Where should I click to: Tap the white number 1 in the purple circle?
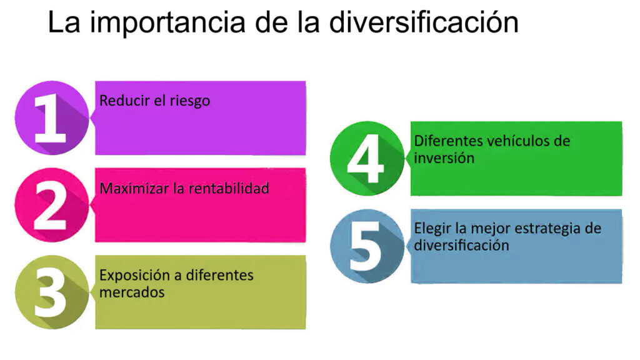click(50, 118)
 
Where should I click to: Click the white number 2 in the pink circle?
click(50, 206)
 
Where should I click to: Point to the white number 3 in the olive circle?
click(50, 293)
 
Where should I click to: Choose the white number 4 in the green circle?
click(366, 159)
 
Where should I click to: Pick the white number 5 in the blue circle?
click(366, 247)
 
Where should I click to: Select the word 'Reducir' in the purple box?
click(124, 100)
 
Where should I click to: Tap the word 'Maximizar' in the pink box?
click(130, 187)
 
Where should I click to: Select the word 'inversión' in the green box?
click(444, 157)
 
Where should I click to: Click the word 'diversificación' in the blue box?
click(461, 245)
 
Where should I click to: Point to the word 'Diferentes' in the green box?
click(444, 141)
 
